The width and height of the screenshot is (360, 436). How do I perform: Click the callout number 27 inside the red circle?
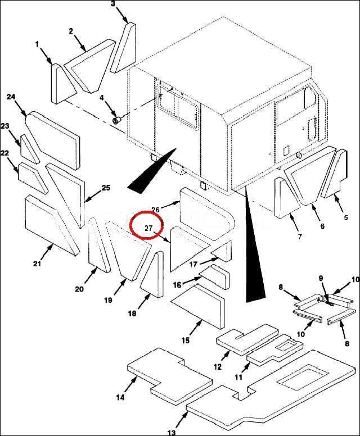(x=148, y=228)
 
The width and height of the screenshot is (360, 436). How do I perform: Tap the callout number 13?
(x=172, y=433)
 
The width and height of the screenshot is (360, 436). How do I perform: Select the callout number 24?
(x=11, y=97)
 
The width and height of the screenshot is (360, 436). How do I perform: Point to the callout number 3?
(x=113, y=3)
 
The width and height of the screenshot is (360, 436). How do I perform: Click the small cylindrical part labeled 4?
(x=116, y=121)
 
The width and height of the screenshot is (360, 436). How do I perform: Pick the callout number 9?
(x=321, y=278)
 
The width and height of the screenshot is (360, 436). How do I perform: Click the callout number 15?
(x=186, y=340)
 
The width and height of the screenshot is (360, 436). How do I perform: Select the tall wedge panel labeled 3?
(x=124, y=47)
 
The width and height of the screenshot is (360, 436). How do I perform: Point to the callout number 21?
(x=37, y=264)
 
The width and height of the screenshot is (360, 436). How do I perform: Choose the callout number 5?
(x=346, y=217)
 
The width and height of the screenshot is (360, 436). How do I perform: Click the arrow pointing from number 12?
(x=226, y=357)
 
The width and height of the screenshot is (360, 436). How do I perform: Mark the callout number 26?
(x=156, y=210)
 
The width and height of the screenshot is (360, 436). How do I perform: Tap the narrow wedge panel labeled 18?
(x=152, y=274)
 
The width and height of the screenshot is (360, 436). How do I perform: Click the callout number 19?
(x=109, y=300)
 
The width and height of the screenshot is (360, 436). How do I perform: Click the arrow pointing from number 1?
(x=46, y=57)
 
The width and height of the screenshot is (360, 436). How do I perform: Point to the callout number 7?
(x=300, y=237)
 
